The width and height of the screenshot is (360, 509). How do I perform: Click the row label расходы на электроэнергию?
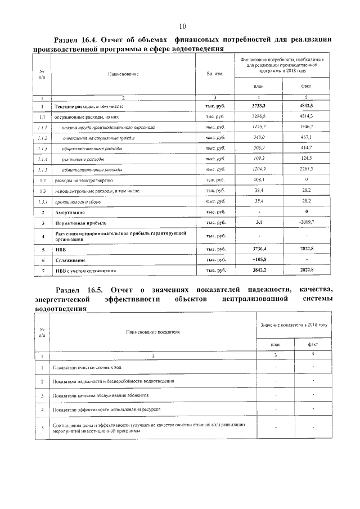coord(83,180)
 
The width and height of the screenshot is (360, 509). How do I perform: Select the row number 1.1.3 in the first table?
coord(42,148)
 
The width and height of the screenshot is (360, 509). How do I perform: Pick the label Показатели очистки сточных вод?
coord(86,367)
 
